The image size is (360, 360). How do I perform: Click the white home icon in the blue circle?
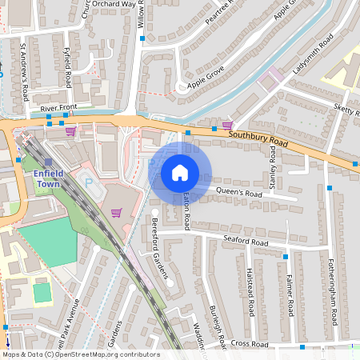tap(180, 173)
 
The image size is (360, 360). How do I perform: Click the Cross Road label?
tap(248, 343)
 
